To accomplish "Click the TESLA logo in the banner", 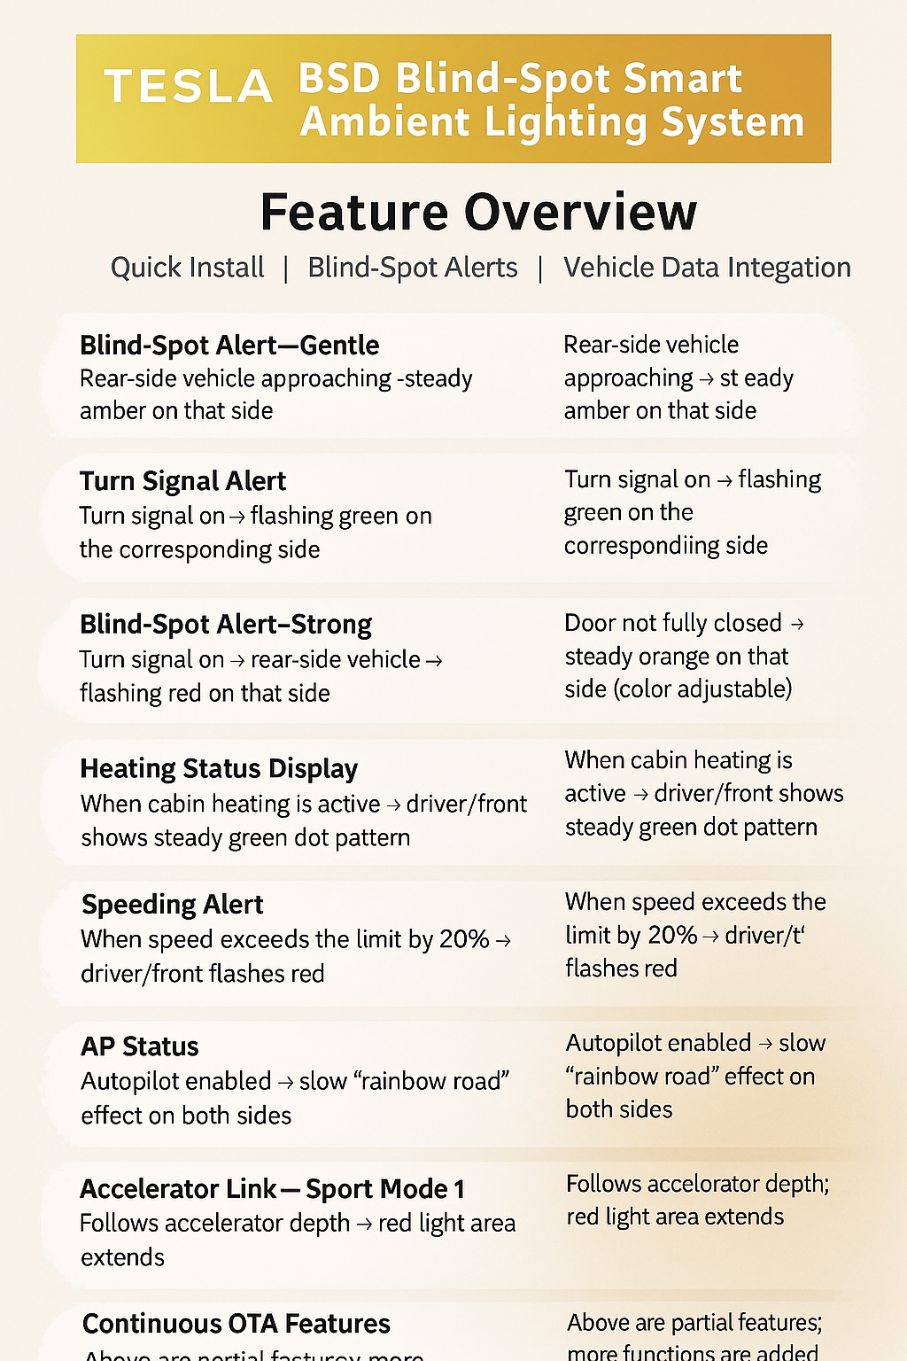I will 188,87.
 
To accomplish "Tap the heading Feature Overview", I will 478,213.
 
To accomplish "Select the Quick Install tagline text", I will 187,268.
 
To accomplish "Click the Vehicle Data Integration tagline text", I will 707,268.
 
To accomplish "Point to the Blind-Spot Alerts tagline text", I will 413,268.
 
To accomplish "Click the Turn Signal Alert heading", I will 182,481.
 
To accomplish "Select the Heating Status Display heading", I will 219,768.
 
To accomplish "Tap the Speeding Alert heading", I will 173,905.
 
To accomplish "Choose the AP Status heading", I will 140,1046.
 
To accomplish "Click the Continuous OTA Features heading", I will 236,1324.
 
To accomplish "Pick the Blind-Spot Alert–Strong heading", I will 226,625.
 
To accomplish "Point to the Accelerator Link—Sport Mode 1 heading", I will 272,1189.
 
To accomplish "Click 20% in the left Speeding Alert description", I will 464,939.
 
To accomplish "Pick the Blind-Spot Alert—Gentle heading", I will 229,346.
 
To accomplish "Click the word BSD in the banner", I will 339,79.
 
